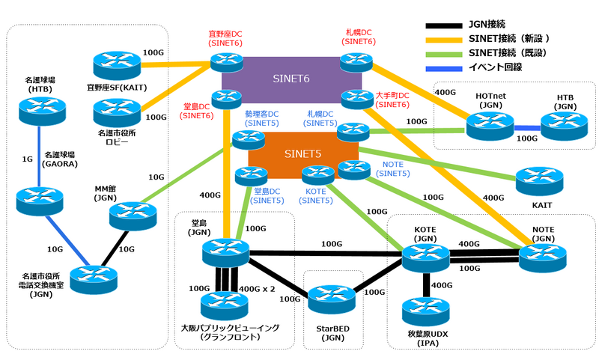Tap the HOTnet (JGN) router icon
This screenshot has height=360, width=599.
490,124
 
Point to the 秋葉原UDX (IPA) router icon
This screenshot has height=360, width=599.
426,311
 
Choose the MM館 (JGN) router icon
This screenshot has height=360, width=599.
133,216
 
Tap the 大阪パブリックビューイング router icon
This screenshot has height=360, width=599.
224,304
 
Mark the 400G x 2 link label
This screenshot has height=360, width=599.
257,288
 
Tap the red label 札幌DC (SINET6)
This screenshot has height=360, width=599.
359,37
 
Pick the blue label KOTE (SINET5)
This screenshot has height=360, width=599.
317,196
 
